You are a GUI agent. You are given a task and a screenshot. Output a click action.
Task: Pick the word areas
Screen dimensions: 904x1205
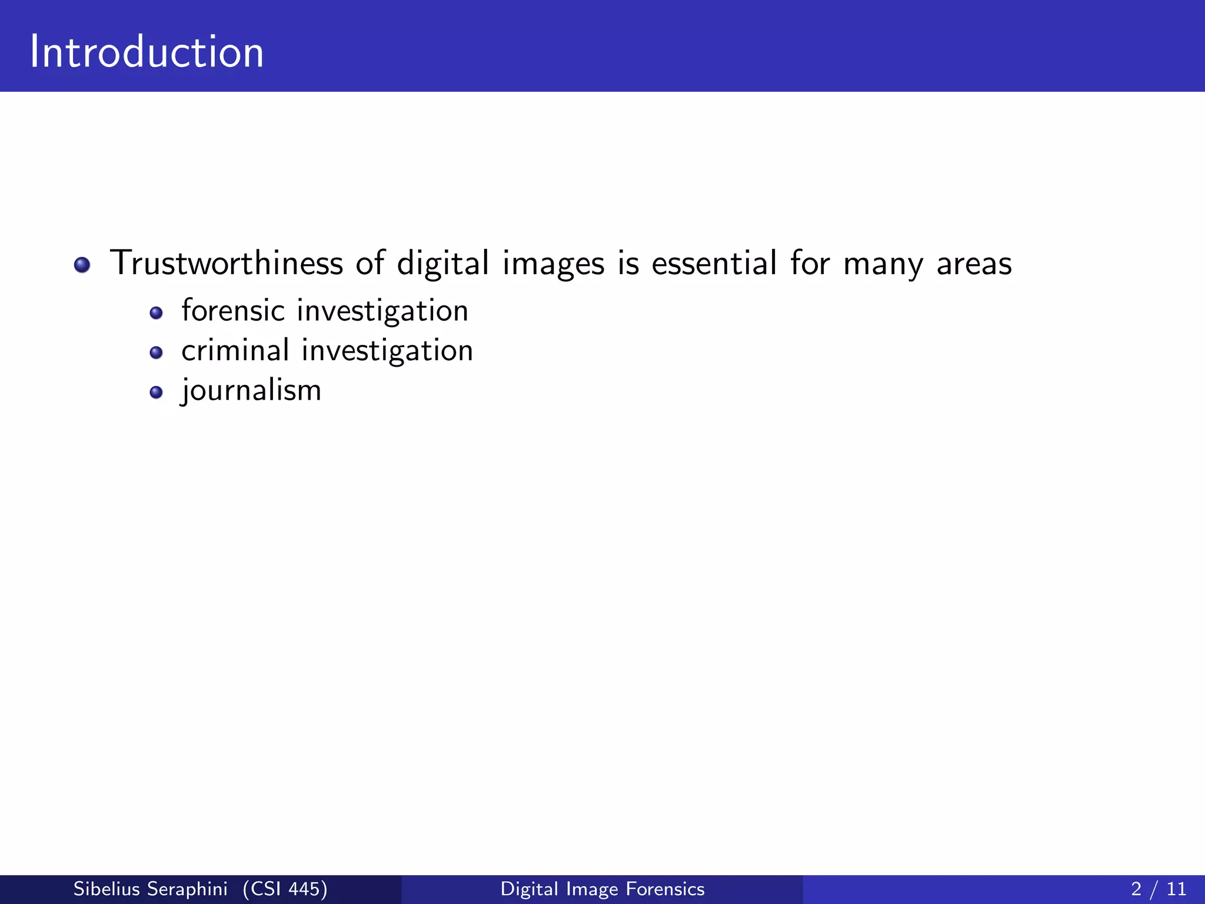click(974, 264)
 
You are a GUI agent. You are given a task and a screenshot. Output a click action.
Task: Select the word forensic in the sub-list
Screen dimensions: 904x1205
click(233, 310)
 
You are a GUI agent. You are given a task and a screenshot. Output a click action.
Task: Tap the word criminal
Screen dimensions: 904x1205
click(235, 350)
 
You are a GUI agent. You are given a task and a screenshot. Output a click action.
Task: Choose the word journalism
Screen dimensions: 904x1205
click(251, 390)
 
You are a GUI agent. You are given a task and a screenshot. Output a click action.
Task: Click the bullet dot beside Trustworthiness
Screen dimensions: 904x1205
click(82, 265)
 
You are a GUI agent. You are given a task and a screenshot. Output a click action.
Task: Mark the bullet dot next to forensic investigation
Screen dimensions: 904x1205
click(156, 313)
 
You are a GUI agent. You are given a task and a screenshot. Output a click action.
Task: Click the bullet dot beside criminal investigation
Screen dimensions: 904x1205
click(156, 353)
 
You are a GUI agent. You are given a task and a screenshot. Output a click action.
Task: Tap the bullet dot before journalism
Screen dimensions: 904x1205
click(156, 393)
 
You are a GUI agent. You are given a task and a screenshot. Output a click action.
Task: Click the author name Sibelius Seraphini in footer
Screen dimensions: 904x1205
click(150, 889)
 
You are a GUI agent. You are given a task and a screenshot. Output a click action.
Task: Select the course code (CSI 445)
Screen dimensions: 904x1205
click(285, 889)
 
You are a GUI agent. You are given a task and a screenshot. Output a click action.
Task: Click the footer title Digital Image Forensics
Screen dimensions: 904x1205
click(602, 889)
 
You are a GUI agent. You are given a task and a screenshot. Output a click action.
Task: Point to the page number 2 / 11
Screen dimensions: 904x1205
click(1159, 889)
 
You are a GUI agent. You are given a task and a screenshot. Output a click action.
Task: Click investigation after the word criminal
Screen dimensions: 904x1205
click(387, 351)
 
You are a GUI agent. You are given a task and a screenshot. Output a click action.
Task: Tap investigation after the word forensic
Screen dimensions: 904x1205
click(382, 311)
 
